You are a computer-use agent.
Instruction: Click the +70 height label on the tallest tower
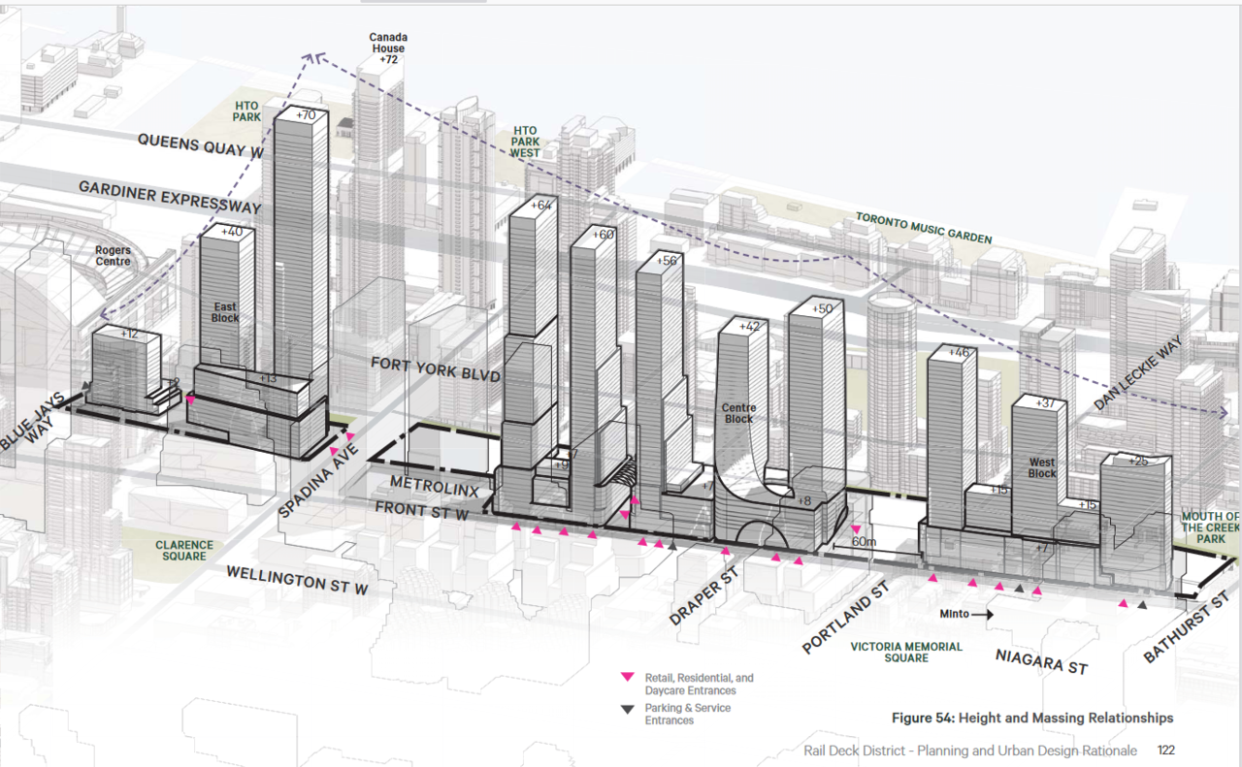[x=306, y=115]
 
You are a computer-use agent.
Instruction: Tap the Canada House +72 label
[x=387, y=48]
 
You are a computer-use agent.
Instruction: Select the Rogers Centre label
[x=113, y=256]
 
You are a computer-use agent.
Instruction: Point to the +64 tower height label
[x=540, y=205]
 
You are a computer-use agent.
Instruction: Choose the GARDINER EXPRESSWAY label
[x=170, y=198]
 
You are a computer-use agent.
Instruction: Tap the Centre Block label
[x=738, y=414]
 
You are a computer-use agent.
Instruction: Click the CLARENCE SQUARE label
[x=183, y=551]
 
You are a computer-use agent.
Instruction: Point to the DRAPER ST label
[x=704, y=596]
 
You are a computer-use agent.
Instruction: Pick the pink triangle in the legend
[x=628, y=678]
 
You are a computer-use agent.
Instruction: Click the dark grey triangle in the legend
[x=628, y=709]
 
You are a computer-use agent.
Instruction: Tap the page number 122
[x=1166, y=751]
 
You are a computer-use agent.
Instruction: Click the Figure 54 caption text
[x=1032, y=718]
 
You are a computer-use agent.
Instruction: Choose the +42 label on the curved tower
[x=749, y=327]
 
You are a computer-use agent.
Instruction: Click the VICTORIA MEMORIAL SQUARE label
[x=906, y=652]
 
